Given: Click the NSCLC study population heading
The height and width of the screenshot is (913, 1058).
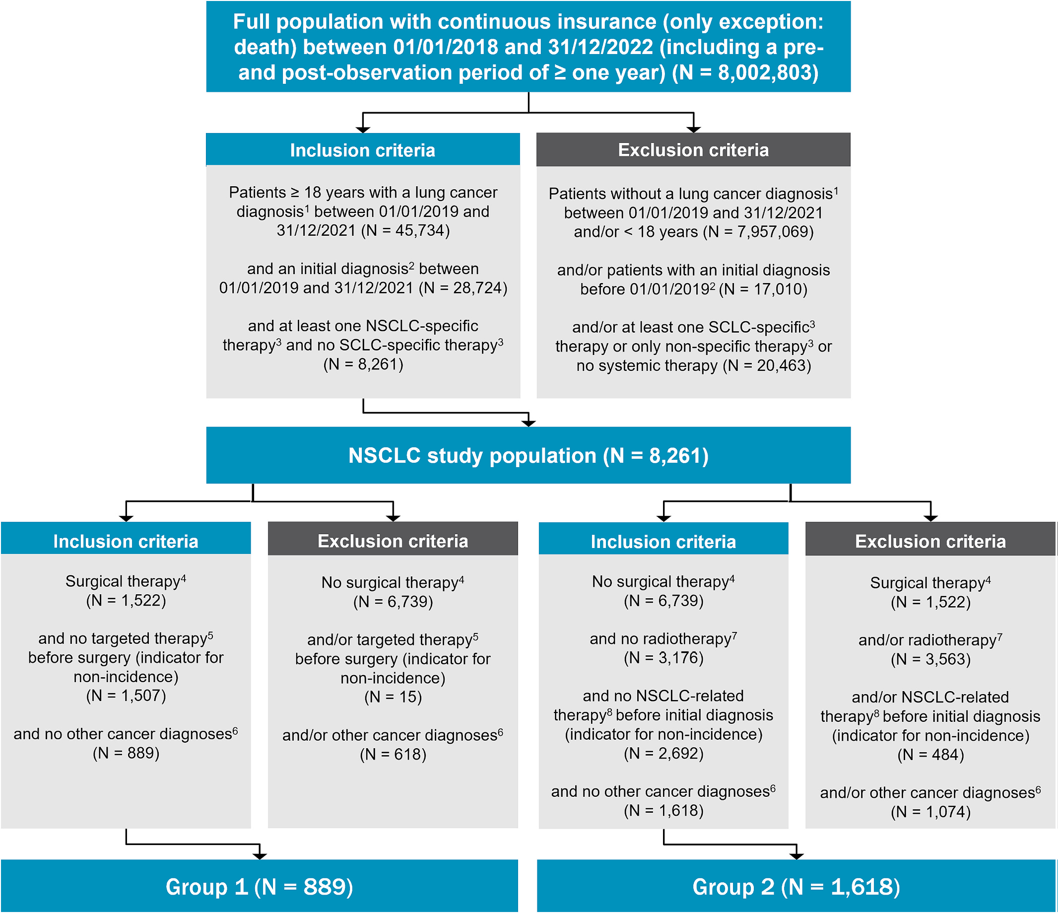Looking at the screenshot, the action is tap(529, 455).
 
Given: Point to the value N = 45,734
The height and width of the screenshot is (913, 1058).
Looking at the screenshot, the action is tap(405, 230).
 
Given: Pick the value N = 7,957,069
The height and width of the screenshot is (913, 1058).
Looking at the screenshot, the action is tap(758, 232).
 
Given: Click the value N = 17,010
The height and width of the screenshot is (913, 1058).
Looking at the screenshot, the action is tap(763, 289).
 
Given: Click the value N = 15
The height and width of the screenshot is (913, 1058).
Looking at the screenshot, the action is tap(393, 698).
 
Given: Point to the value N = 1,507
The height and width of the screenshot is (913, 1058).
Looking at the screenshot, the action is tap(126, 696).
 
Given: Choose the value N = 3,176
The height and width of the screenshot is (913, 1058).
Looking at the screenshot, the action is tap(663, 658).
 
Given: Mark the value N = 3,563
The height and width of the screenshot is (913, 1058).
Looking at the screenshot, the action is tap(930, 660).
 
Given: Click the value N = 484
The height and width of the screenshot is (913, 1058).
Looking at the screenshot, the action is tap(930, 755).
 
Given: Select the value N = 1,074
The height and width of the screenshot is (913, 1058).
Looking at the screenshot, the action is tap(930, 812).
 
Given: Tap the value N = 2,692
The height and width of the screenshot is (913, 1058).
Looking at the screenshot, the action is tap(663, 754).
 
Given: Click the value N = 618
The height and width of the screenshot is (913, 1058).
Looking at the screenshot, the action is tap(393, 755).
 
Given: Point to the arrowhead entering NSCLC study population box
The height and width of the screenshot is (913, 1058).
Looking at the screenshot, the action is tap(529, 423).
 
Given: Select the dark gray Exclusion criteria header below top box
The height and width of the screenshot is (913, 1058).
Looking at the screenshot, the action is tap(693, 150).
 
